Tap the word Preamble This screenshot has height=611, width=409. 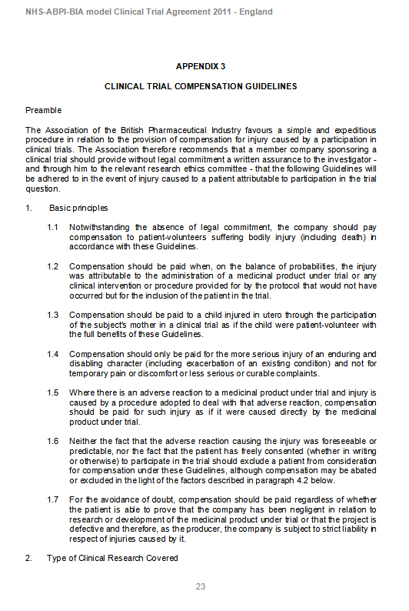(43, 112)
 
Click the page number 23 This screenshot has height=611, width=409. (200, 586)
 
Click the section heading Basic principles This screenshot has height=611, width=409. (78, 209)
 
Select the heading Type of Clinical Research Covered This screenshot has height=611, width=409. (111, 558)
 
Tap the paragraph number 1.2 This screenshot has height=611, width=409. (52, 266)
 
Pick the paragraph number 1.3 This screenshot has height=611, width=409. (52, 315)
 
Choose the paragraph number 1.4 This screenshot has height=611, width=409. (52, 354)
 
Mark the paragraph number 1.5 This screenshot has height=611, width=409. (52, 392)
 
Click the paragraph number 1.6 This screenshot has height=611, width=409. (52, 441)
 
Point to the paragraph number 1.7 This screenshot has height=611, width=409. (52, 499)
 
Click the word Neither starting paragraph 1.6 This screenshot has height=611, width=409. (82, 441)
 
